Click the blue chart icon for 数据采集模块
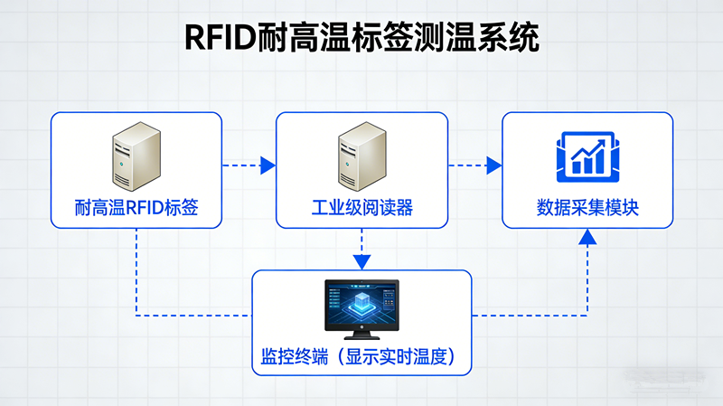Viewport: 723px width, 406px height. (587, 154)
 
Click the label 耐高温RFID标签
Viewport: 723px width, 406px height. (136, 209)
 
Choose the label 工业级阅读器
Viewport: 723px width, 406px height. (361, 209)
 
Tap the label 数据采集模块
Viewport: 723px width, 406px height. (587, 209)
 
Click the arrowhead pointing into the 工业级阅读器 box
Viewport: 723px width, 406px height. (268, 165)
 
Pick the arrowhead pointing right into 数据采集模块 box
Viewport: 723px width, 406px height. (493, 165)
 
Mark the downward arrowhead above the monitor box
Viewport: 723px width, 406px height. (361, 261)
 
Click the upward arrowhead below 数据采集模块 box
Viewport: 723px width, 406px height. (587, 238)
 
